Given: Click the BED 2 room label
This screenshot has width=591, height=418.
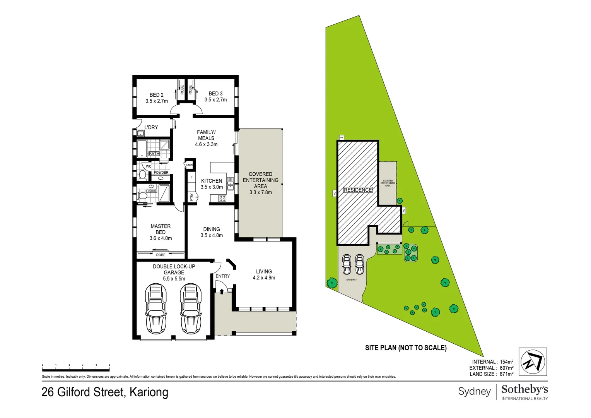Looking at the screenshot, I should (157, 95).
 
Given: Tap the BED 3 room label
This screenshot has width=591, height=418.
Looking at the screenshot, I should (215, 94).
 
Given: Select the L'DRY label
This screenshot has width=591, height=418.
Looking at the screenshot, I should (151, 127).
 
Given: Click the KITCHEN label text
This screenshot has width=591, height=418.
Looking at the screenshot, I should (212, 181).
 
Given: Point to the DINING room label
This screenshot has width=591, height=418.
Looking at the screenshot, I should (212, 229).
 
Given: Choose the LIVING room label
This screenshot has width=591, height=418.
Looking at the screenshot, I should (264, 272).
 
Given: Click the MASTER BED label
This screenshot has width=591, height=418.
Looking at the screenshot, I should (161, 229).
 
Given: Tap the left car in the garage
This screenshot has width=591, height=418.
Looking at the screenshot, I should (155, 308).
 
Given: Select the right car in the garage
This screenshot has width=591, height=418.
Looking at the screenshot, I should (191, 308).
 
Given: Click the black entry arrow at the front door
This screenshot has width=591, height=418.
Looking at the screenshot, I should (222, 291).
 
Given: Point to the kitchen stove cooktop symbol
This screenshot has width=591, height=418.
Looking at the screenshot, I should (222, 199).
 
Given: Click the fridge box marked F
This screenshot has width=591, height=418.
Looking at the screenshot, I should (191, 177).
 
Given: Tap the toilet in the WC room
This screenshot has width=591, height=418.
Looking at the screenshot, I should (142, 175).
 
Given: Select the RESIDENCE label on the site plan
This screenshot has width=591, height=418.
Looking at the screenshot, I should (358, 190).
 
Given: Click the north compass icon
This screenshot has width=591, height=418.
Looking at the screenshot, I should (533, 361).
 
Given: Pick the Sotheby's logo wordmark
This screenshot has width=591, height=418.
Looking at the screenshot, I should (524, 389).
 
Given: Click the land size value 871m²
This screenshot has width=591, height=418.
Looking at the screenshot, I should (506, 374).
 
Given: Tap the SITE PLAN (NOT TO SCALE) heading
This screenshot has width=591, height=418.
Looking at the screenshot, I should (406, 348).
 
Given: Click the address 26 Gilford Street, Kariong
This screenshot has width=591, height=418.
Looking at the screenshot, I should (105, 392).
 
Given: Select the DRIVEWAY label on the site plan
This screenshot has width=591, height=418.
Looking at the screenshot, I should (352, 279).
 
